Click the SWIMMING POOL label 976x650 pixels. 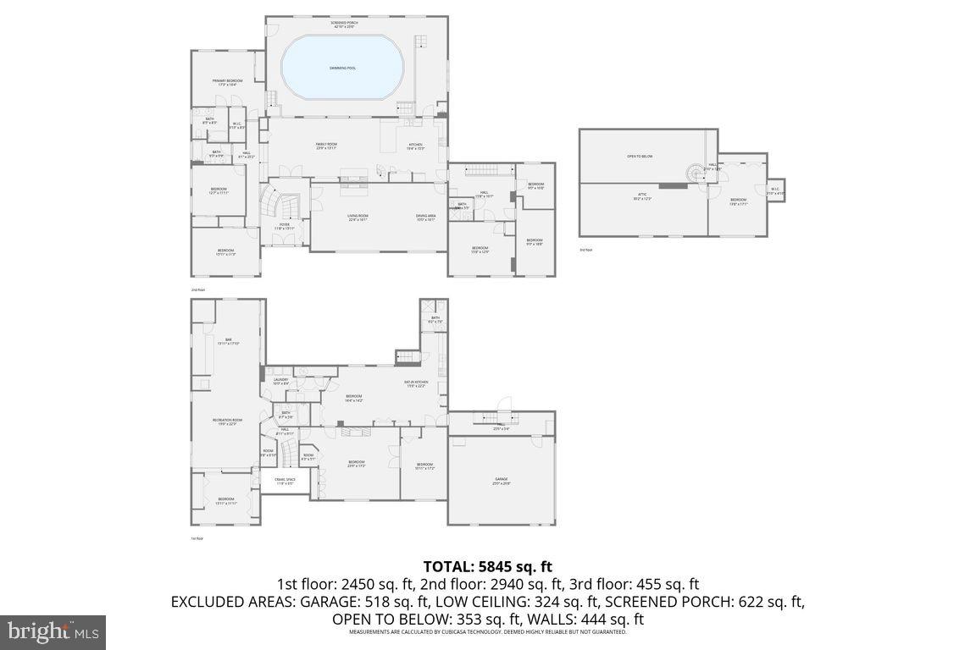click(342, 68)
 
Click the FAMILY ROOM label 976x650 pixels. click(326, 146)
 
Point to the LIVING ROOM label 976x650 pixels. click(358, 218)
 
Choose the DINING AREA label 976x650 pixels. click(425, 218)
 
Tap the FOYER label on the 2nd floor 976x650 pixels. click(285, 226)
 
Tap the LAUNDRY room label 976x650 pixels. click(280, 381)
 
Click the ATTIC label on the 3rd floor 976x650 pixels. click(642, 196)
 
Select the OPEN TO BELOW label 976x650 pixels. click(640, 157)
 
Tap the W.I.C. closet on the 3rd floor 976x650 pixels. click(775, 190)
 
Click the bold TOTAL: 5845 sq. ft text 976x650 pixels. click(487, 567)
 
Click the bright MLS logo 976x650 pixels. click(53, 631)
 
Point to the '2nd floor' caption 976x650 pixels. click(198, 289)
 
